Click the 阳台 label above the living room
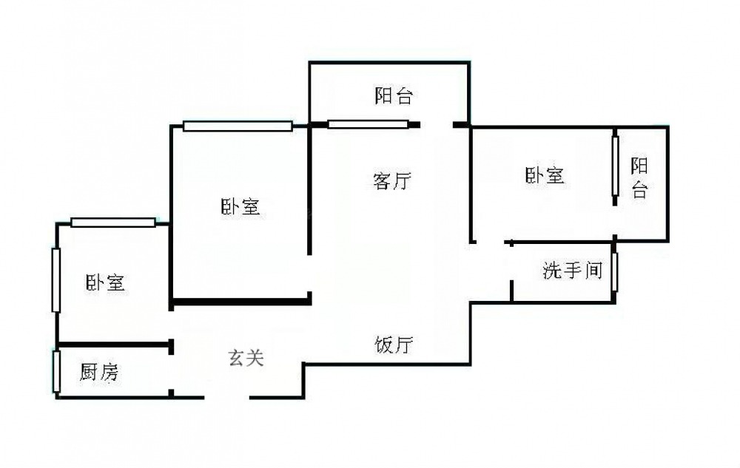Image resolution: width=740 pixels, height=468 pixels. coord(393,96)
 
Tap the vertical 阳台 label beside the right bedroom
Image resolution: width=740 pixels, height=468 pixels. coord(639,178)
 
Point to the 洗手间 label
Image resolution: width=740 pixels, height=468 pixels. coord(571,271)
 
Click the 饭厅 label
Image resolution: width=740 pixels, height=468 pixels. coord(394,345)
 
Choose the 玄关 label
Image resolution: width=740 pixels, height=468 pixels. coord(245,359)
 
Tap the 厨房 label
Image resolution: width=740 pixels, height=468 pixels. coord(98,373)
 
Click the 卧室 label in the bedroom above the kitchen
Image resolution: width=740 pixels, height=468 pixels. coord(105,282)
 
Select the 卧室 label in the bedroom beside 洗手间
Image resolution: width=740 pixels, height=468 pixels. coord(545,176)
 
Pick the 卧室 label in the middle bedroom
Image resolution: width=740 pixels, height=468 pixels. coord(240,207)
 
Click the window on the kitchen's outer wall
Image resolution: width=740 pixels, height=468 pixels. coord(56,372)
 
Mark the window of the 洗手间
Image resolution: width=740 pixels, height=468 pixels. coord(614,271)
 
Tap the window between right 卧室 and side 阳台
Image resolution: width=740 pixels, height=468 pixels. coord(615,166)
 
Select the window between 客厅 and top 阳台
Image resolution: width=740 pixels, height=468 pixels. coord(368,124)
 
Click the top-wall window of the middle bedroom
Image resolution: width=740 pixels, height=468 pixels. coord(238,126)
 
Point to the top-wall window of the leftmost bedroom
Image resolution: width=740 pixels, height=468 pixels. coord(113,222)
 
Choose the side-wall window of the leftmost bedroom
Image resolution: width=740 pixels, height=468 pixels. coord(55,280)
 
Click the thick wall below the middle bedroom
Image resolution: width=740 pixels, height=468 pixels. coord(240,301)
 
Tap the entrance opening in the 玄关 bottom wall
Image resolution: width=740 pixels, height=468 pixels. coord(226,398)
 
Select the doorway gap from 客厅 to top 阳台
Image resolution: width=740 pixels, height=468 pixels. coord(437,124)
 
